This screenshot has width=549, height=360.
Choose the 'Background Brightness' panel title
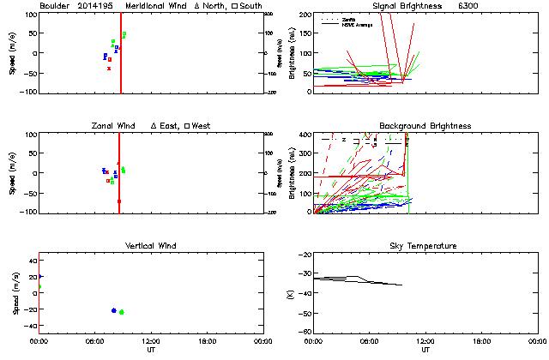(x=425, y=126)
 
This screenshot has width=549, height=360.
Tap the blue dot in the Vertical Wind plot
(x=114, y=310)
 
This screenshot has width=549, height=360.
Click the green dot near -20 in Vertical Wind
(x=122, y=312)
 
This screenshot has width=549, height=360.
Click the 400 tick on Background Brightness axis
(x=305, y=135)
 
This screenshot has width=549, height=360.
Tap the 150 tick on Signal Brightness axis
(x=305, y=33)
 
